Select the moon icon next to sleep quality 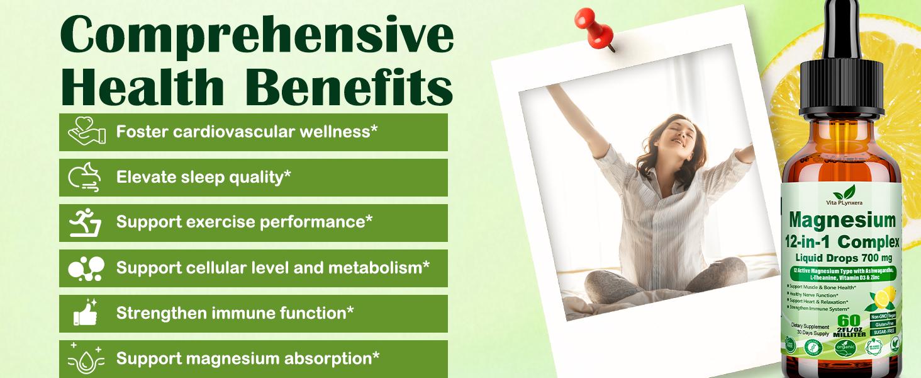coord(85,177)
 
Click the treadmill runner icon coord(85,222)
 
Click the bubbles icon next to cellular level coord(85,268)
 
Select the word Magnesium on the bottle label coord(842,220)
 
